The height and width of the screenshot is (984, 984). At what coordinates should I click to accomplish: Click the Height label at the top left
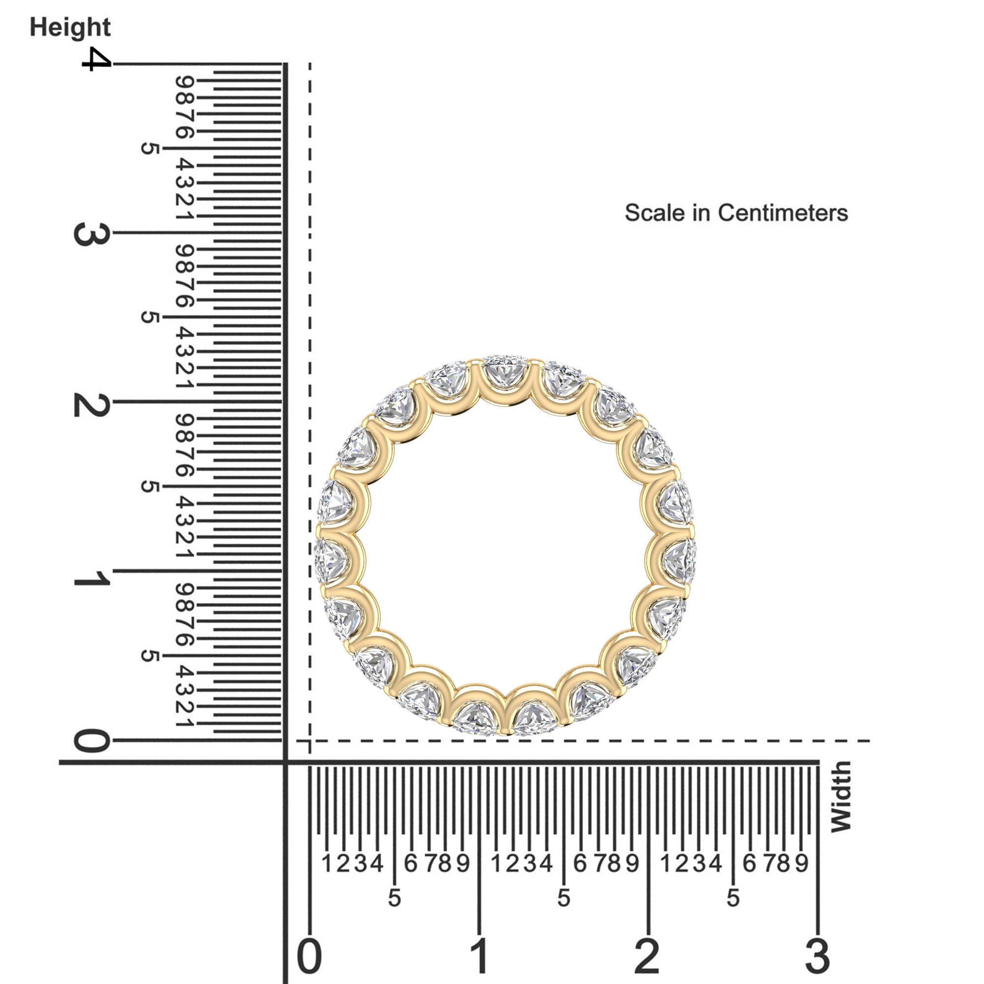click(x=70, y=27)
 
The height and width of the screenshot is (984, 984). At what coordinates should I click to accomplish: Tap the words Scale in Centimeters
click(x=736, y=213)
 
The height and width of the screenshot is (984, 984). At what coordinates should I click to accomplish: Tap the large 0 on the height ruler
click(x=92, y=741)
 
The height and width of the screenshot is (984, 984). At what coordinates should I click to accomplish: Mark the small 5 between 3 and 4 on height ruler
click(x=148, y=149)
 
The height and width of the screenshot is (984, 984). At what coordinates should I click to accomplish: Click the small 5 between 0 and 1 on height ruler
click(x=148, y=656)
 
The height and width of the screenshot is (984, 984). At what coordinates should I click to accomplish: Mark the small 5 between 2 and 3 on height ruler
click(x=148, y=317)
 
